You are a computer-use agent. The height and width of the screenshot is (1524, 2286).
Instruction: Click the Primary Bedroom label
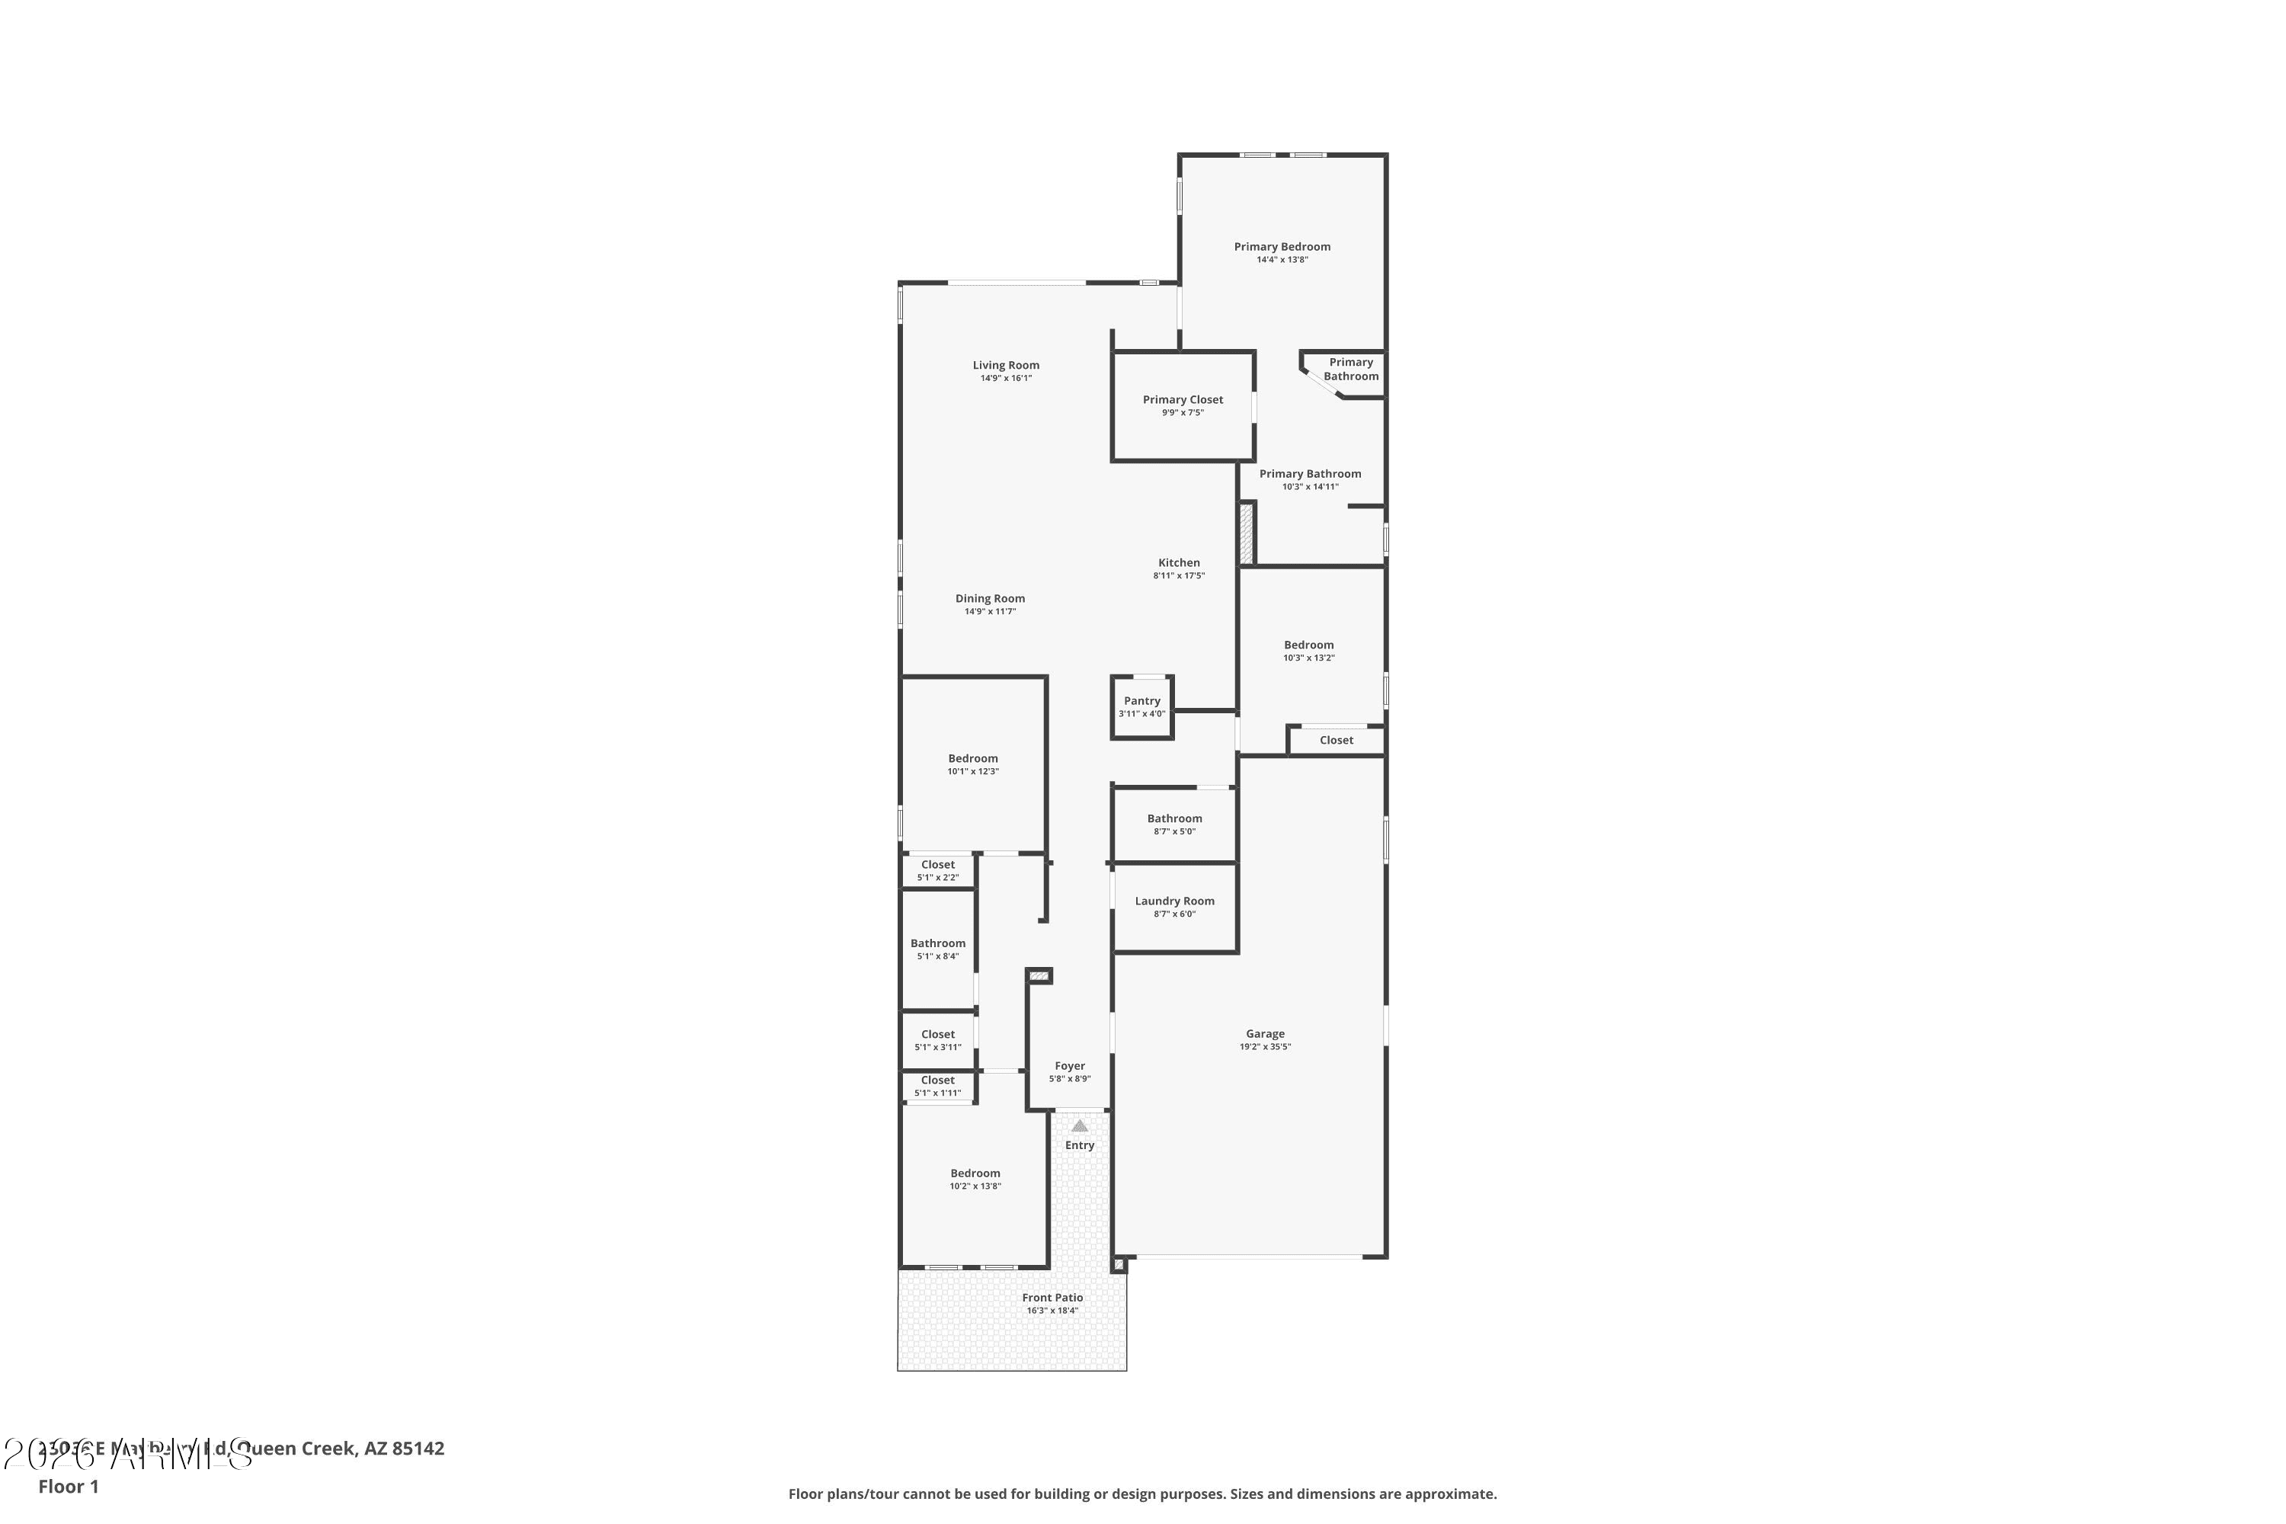1282,247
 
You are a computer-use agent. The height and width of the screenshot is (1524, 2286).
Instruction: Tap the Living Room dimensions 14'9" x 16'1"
1006,378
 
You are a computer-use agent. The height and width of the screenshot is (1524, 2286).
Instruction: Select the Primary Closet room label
1183,399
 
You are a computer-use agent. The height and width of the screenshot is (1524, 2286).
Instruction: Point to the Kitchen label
1179,563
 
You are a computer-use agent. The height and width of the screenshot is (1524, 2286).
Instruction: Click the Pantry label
1142,701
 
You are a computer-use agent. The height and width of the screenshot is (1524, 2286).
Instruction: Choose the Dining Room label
989,599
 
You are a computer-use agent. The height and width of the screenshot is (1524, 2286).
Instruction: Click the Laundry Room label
1174,901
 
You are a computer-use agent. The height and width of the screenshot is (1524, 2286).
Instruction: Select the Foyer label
1069,1066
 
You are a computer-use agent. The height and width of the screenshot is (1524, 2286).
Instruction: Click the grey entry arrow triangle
1079,1125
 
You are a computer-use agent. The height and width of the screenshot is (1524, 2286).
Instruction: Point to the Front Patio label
1052,1298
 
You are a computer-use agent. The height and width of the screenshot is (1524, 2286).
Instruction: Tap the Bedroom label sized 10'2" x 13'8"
975,1173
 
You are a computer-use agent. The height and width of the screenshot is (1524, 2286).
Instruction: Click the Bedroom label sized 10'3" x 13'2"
1308,645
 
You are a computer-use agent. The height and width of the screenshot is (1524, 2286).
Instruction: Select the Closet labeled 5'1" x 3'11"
938,1034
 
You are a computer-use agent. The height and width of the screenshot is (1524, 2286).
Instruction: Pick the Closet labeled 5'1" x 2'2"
938,864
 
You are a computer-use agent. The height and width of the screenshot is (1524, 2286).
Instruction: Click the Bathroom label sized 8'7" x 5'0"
1174,818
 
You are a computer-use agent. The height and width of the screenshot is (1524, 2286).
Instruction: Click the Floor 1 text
68,1486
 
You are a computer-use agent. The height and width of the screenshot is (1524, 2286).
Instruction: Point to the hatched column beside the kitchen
1245,533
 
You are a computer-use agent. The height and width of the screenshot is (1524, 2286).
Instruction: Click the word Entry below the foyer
1079,1145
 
